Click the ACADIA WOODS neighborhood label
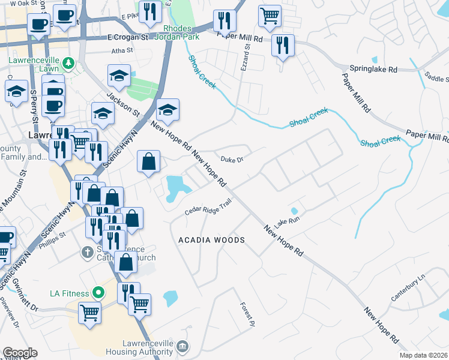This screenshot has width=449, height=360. pos(211,240)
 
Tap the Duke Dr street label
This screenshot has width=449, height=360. pos(231,160)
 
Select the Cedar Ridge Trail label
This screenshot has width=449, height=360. pos(208,208)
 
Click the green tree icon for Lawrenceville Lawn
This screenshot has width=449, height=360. pos(69,61)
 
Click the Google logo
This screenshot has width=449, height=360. pos(20,353)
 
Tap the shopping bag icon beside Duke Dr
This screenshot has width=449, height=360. pos(148,161)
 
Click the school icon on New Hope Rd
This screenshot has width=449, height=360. pos(168,109)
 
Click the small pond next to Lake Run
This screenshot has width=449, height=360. pos(294,211)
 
